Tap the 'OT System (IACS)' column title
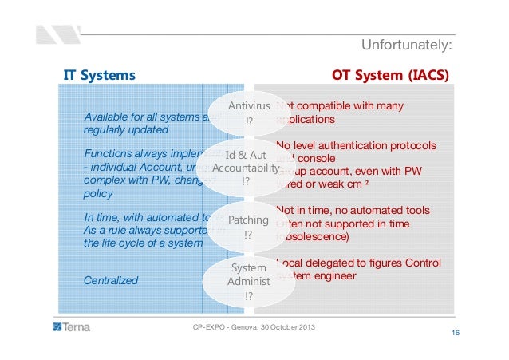tap(390, 76)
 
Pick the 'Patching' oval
tap(248, 227)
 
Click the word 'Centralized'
tap(111, 280)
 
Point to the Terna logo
tap(73, 328)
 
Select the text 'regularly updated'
tap(126, 129)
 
